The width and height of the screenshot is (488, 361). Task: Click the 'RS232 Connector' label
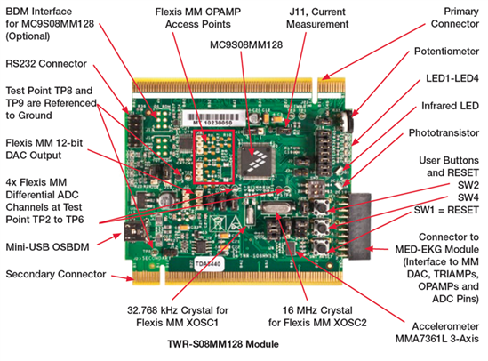46,64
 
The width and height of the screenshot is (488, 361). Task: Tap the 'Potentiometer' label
446,52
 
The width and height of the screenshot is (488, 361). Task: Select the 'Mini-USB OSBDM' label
47,247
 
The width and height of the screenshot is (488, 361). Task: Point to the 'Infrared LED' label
450,106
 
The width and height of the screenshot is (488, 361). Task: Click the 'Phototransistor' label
444,132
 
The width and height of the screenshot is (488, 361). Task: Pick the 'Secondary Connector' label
56,274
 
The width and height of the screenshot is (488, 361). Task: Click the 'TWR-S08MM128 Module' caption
223,344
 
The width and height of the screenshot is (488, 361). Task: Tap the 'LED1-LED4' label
452,78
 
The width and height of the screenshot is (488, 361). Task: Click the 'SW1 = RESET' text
446,210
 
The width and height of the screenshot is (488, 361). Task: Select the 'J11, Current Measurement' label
317,18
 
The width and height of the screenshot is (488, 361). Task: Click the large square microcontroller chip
257,161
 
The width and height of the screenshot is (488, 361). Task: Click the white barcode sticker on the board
213,118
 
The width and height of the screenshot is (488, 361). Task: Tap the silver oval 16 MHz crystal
277,206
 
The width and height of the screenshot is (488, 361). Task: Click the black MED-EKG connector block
360,226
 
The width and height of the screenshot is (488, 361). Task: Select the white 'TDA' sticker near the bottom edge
209,264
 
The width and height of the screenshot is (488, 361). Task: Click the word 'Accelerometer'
445,326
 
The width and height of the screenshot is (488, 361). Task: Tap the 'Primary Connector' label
455,18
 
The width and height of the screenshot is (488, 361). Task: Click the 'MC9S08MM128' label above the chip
246,44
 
